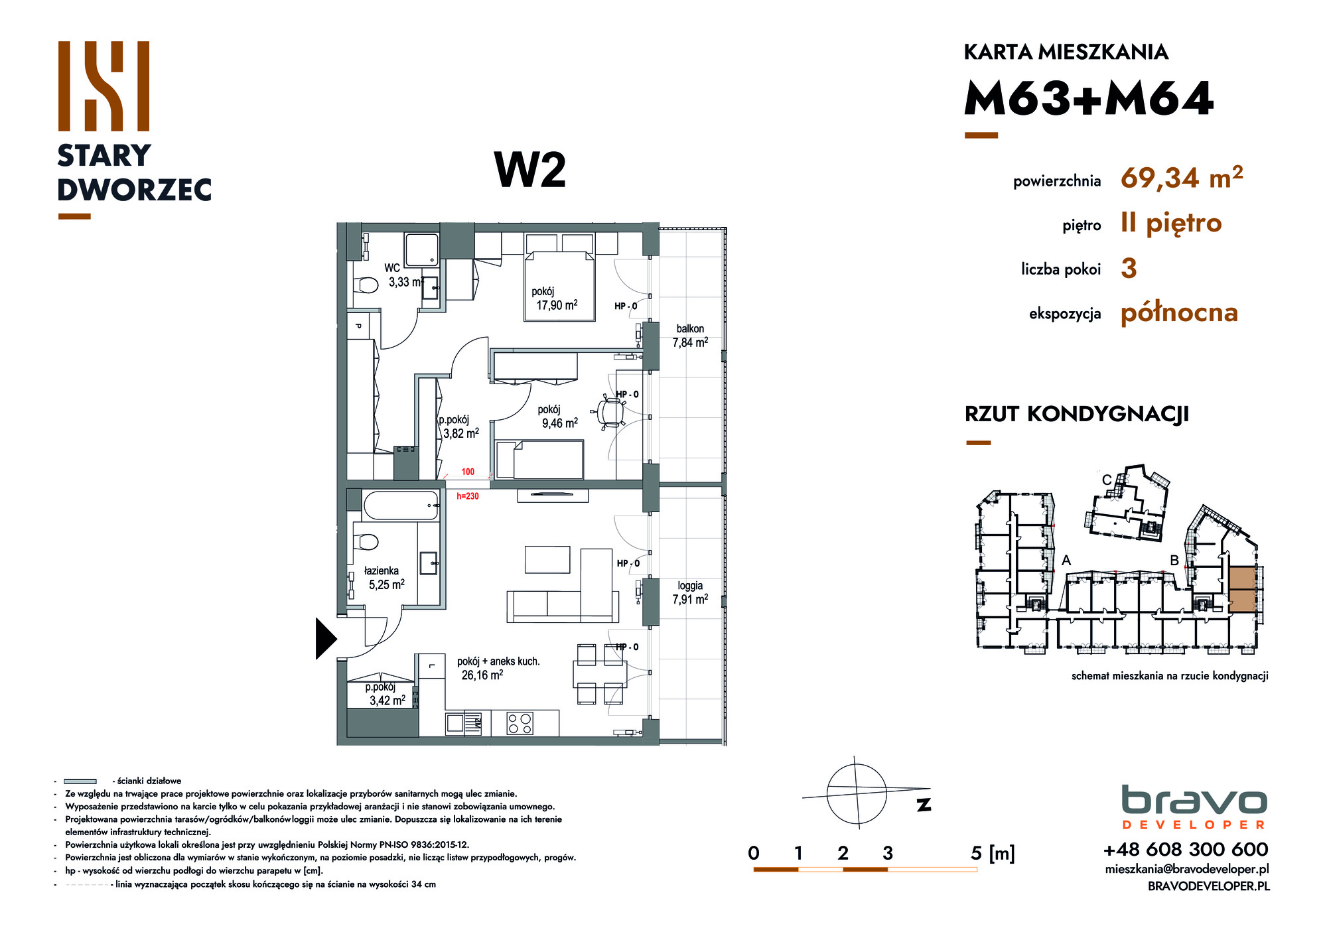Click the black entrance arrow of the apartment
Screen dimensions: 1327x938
[325, 639]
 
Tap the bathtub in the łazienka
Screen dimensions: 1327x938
[401, 505]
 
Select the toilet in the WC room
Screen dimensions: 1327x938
[366, 285]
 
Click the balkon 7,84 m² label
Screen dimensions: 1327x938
[690, 336]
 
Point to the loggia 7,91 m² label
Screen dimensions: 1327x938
[690, 592]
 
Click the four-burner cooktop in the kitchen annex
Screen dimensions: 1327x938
[520, 723]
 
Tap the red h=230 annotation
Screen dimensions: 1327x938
[468, 496]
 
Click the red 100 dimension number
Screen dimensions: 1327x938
[468, 472]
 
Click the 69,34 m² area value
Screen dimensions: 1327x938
[1182, 178]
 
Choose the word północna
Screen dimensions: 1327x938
[1179, 312]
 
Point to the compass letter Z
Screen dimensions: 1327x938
[924, 804]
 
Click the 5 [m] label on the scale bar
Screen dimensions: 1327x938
[993, 853]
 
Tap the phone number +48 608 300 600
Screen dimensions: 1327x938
[1186, 849]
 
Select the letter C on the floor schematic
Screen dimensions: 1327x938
[1107, 480]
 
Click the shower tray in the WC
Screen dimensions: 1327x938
[422, 249]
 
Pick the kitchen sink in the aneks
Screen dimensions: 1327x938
[455, 723]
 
